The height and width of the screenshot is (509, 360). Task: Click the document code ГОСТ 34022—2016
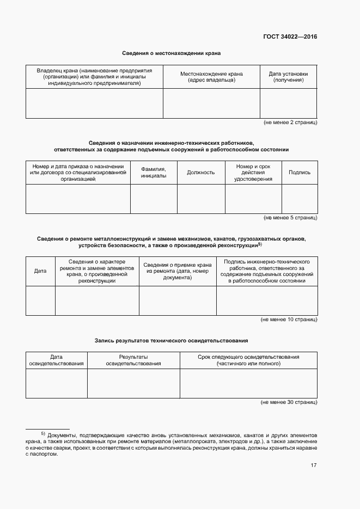click(x=290, y=37)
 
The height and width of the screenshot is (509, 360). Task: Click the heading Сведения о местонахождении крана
click(x=171, y=53)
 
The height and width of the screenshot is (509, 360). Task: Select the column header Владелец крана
click(x=94, y=77)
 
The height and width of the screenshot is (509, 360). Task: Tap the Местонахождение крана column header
click(x=211, y=77)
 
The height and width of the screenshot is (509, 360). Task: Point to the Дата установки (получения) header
click(x=288, y=77)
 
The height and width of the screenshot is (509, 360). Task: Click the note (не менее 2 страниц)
click(x=290, y=123)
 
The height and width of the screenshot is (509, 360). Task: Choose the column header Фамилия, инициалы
click(x=154, y=173)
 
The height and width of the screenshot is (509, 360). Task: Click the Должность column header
click(x=201, y=173)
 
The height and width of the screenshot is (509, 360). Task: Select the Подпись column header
click(x=300, y=173)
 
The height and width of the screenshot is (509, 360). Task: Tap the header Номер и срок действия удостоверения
click(x=253, y=173)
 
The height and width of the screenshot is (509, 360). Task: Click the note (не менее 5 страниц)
click(x=290, y=218)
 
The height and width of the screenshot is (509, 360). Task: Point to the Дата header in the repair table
click(x=40, y=271)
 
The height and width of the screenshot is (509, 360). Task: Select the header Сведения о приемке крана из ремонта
click(x=178, y=271)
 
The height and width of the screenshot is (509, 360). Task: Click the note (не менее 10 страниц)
click(x=289, y=320)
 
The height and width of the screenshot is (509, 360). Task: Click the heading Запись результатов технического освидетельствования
click(x=171, y=340)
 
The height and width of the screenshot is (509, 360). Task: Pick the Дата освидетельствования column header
click(x=57, y=360)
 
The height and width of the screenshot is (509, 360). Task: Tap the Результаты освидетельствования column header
click(x=133, y=360)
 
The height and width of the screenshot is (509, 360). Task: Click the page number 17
click(x=314, y=465)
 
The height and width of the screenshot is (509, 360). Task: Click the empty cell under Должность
click(x=201, y=199)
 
